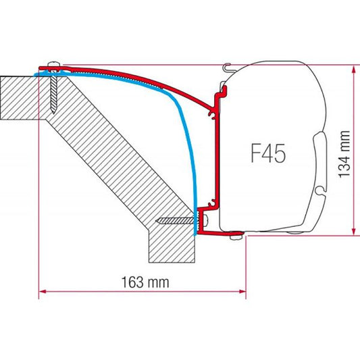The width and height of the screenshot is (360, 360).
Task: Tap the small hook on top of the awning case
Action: click(228, 67)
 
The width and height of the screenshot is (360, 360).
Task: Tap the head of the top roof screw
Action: click(52, 66)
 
